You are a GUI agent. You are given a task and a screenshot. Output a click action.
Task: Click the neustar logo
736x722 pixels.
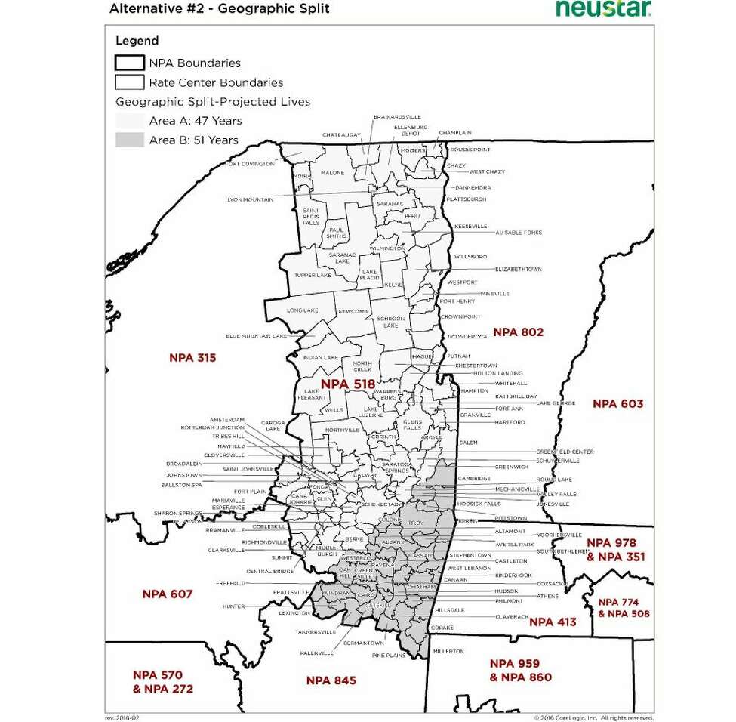click(x=604, y=9)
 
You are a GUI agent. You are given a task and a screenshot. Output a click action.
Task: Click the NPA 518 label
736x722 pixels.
click(x=347, y=384)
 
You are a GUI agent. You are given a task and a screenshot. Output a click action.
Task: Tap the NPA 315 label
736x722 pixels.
click(x=192, y=357)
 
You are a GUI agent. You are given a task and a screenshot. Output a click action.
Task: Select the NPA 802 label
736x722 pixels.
click(x=518, y=332)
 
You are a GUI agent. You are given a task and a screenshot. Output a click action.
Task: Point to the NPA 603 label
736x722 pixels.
click(x=617, y=403)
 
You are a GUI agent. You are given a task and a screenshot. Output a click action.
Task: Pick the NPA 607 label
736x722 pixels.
click(x=168, y=594)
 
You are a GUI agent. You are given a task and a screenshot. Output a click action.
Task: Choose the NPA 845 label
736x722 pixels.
click(x=331, y=680)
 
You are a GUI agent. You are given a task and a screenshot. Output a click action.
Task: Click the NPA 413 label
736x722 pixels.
click(x=553, y=622)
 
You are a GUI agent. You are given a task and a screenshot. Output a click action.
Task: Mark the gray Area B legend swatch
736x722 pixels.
click(x=129, y=140)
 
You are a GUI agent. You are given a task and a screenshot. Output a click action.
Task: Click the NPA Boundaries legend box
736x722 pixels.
click(x=129, y=63)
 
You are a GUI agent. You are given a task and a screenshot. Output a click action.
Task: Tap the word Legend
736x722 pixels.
click(x=137, y=41)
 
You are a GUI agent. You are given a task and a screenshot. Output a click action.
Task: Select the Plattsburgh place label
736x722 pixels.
click(x=466, y=199)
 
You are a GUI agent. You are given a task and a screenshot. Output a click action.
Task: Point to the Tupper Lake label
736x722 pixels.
click(x=313, y=275)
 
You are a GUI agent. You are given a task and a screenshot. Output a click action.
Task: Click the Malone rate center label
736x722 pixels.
click(x=332, y=173)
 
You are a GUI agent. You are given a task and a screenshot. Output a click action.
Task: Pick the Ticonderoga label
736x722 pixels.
click(x=467, y=337)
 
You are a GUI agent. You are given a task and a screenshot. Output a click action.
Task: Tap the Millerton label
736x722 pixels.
click(x=449, y=651)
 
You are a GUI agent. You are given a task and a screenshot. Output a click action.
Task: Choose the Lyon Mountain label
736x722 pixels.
click(x=250, y=199)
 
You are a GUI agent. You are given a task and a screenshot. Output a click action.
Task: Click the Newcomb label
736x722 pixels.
click(x=353, y=311)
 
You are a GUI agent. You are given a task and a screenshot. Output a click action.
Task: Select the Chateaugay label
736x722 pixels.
click(x=342, y=135)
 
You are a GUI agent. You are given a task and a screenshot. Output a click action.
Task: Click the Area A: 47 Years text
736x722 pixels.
click(x=196, y=121)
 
